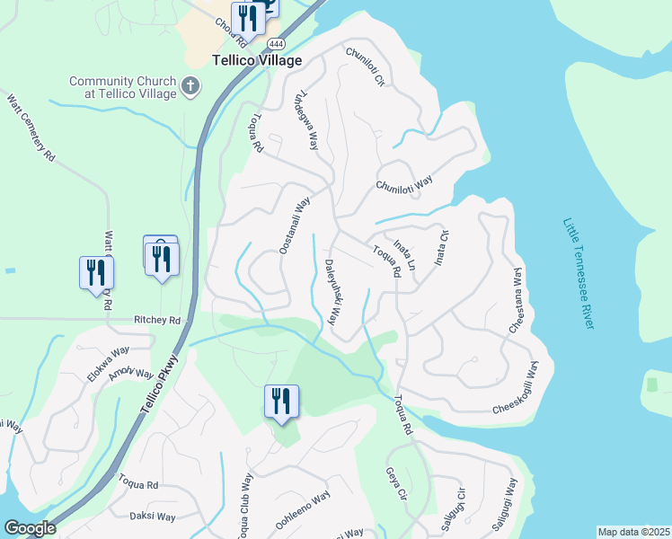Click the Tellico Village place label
tap(256, 61)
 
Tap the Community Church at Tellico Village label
tap(125, 87)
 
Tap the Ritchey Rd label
tap(157, 320)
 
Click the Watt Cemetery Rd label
tap(31, 128)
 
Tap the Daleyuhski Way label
tap(331, 293)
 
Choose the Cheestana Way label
tap(517, 301)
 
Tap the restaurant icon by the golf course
tap(281, 401)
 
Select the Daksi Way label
tap(153, 517)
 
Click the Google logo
tap(30, 528)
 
